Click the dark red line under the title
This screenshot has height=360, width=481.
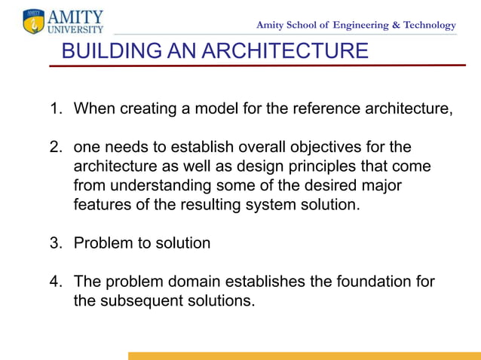(x=256, y=66)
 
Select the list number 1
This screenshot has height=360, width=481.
(x=55, y=108)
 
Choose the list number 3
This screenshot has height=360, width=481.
(x=55, y=243)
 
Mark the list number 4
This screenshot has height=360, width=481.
(x=55, y=282)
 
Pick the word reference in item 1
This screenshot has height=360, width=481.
(x=324, y=108)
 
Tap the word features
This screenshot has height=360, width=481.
(x=102, y=205)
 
